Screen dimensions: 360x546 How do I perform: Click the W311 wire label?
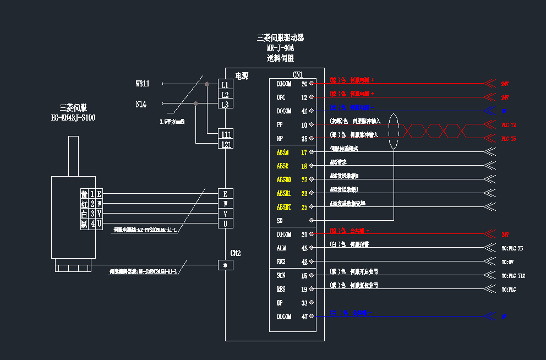coord(143,84)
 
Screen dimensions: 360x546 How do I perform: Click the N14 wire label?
coord(141,104)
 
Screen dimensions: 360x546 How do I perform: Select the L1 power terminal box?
coord(225,85)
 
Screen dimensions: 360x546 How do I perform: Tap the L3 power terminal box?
coord(225,105)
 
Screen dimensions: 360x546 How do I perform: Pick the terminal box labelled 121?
coord(226,144)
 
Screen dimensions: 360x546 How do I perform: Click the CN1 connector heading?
coord(297,75)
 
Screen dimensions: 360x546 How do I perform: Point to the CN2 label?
coord(235,253)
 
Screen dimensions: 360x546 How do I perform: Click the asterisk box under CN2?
coord(225,265)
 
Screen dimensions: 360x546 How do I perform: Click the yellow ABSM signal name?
coord(283,152)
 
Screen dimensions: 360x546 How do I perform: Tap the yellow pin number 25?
coord(304,208)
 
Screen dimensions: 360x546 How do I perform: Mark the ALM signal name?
coord(281,248)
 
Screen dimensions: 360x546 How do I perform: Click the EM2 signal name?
coord(281,262)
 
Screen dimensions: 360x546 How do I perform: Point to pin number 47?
coord(304,317)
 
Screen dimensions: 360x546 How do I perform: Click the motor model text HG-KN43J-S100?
coord(73,118)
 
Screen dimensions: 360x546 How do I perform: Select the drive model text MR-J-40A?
coord(280,48)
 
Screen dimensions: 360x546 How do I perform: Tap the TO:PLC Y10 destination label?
coord(513,276)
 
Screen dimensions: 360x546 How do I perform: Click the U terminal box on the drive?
coord(225,223)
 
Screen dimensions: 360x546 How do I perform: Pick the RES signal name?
coord(281,289)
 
